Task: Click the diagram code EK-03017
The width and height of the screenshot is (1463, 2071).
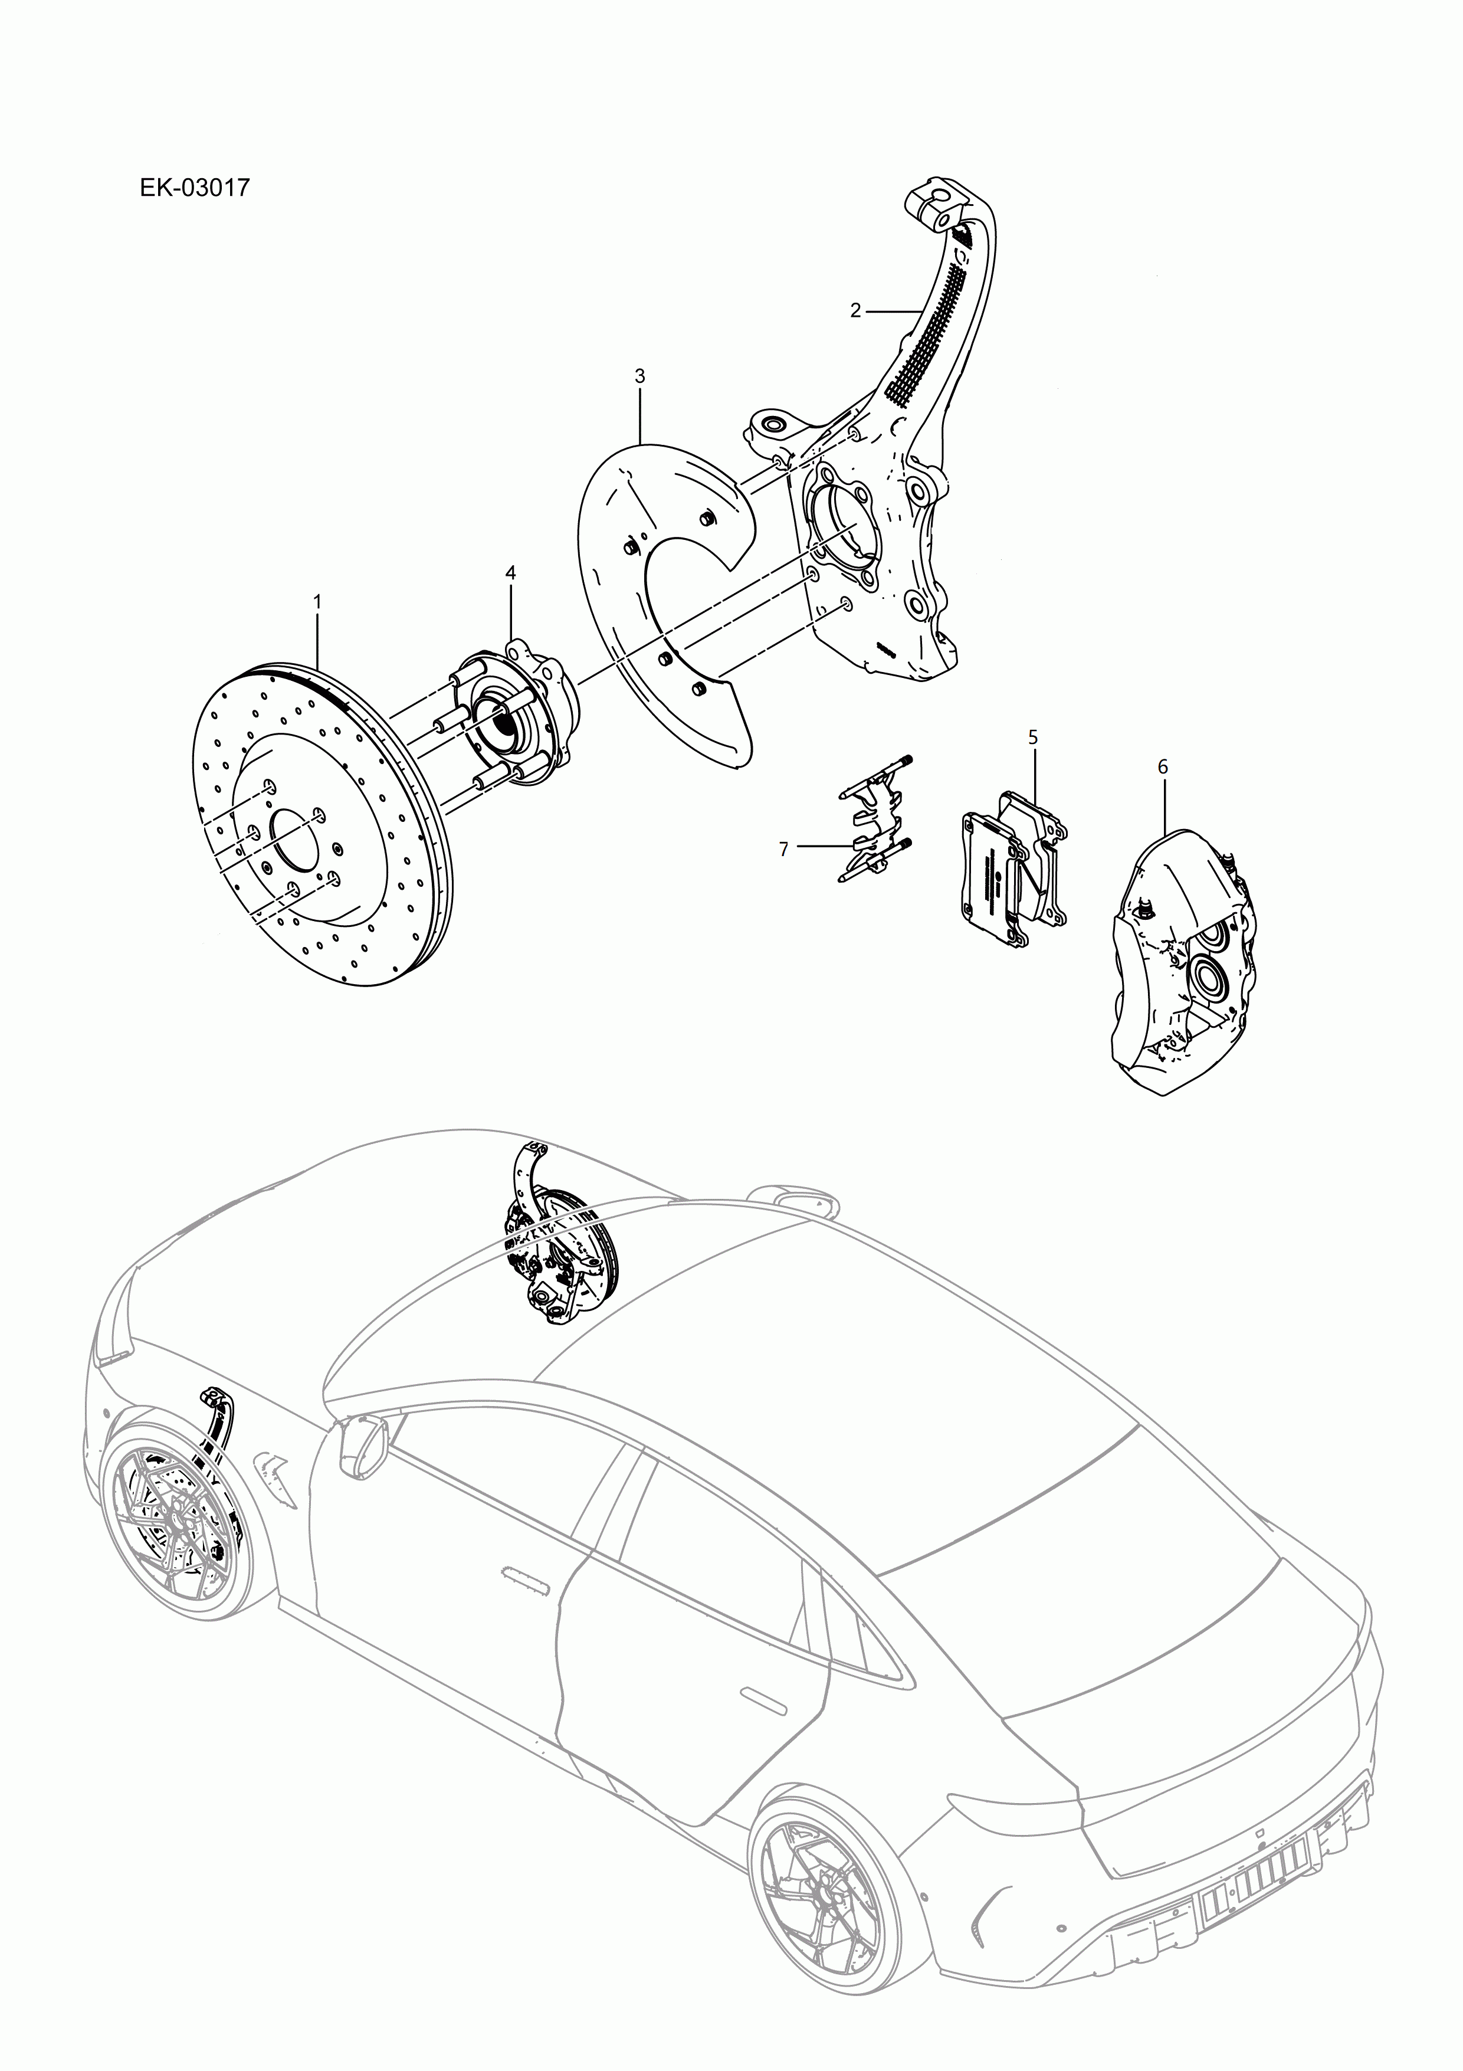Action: (x=194, y=189)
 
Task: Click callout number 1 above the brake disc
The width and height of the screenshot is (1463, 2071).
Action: (x=317, y=601)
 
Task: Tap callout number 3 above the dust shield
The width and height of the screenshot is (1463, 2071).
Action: (x=639, y=376)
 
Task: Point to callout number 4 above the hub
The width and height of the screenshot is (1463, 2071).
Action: (x=510, y=573)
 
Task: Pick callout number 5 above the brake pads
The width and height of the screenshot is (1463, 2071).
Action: (x=1033, y=737)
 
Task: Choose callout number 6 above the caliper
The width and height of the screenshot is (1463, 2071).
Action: (x=1163, y=766)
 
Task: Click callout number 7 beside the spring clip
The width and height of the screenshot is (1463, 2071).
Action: (x=784, y=849)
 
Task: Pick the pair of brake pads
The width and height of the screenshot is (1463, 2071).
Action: (x=1010, y=866)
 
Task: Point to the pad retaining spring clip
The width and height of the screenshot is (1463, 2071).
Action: (x=870, y=821)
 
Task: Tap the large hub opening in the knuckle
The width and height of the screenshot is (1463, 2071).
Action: (x=844, y=532)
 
